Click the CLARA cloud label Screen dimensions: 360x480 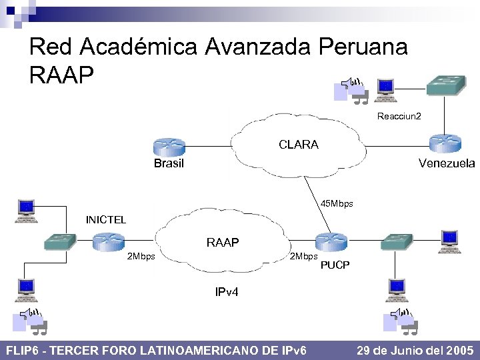(298, 145)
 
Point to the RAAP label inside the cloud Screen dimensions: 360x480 (223, 243)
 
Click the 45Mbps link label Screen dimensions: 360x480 (337, 203)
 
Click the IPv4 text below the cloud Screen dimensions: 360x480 (227, 292)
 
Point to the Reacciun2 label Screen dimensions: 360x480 (399, 116)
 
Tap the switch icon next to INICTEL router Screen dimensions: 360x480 (60, 242)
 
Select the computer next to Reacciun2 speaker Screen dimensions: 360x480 (385, 90)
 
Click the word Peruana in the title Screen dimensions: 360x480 (363, 47)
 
